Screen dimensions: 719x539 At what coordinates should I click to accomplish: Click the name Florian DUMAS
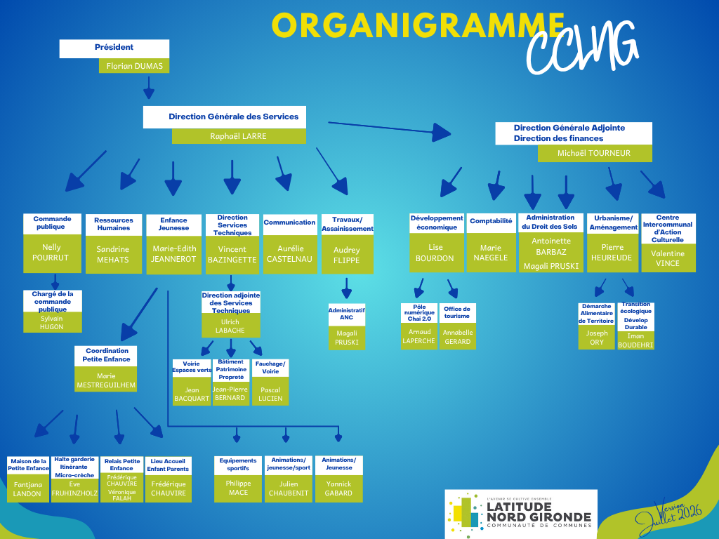134,66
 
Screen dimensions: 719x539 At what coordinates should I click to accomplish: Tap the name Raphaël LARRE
239,136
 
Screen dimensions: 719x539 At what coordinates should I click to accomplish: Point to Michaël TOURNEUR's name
594,153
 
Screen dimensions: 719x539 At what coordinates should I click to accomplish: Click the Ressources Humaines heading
114,224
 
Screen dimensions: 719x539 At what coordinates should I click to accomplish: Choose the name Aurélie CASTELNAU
290,254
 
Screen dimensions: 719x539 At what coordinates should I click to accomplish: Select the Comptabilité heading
491,221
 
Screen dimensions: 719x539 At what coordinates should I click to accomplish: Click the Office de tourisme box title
457,312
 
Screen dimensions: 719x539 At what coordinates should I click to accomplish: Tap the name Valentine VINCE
668,258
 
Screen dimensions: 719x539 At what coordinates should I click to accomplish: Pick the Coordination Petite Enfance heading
107,354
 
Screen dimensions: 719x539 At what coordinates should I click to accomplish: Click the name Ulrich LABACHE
230,326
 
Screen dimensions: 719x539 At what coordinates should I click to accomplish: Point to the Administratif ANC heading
347,314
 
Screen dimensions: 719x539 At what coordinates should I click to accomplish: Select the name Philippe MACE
239,488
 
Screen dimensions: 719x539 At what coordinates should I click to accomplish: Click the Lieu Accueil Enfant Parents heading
168,465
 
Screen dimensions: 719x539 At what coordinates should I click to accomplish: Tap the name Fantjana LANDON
27,489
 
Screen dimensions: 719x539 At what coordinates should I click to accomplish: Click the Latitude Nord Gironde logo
521,513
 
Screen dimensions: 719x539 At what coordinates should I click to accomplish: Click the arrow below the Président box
149,88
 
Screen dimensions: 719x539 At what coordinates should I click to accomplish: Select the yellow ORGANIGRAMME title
418,25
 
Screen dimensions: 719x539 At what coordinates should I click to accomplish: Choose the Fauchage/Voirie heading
270,368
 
